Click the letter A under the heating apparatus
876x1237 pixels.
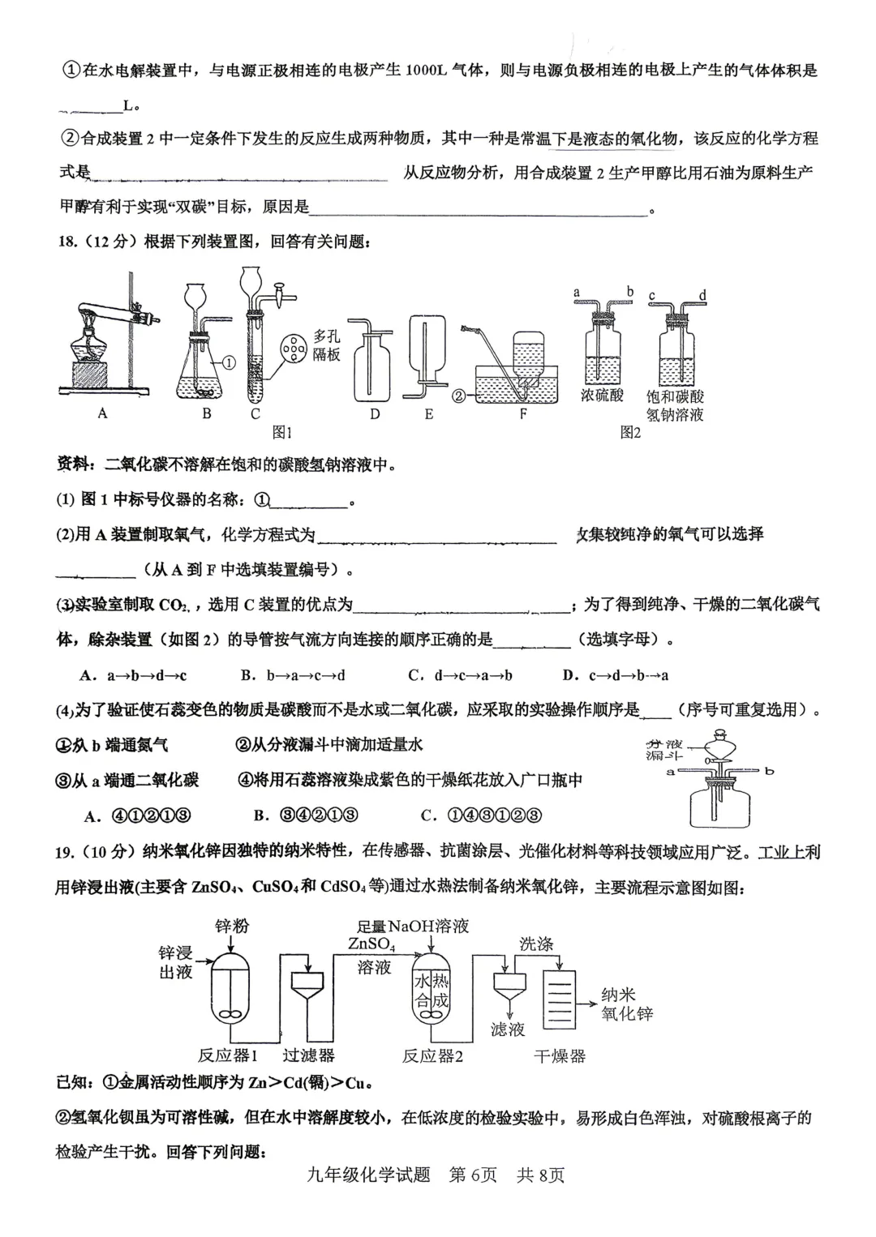coord(102,413)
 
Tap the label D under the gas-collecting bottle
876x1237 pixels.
coord(374,414)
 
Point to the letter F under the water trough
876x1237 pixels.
coord(523,414)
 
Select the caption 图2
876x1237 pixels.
coord(630,432)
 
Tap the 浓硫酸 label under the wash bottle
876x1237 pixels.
coord(603,396)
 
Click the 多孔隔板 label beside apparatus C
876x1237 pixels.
coord(327,345)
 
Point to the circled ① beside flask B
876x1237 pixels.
coord(229,363)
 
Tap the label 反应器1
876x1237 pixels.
coord(228,1055)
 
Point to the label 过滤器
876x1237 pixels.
coord(308,1055)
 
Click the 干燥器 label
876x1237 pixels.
coord(560,1055)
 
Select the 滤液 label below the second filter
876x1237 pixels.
coord(508,1029)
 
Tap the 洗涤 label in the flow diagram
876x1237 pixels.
coord(536,944)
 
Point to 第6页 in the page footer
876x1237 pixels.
coord(473,1175)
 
